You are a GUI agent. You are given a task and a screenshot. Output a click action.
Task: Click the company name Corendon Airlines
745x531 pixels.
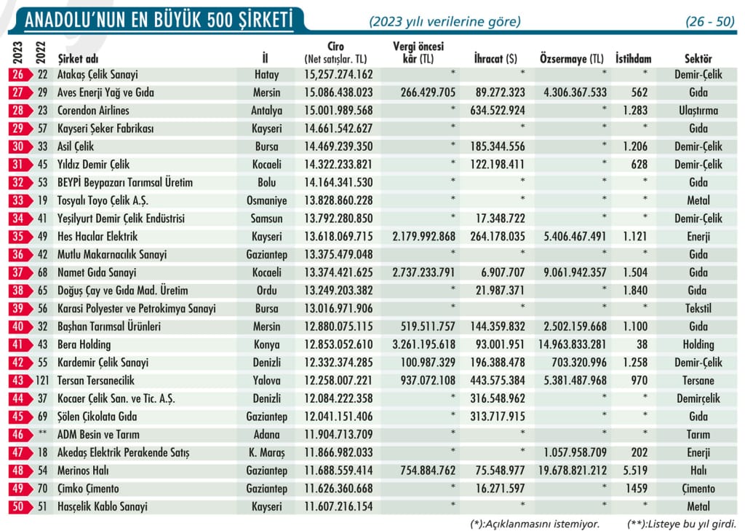coord(93,111)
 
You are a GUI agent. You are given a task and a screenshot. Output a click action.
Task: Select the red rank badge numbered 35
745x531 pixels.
coord(20,237)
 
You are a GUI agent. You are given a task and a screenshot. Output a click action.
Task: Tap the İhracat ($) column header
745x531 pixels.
coord(495,59)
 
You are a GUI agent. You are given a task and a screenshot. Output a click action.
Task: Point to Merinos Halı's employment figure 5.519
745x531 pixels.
coord(635,471)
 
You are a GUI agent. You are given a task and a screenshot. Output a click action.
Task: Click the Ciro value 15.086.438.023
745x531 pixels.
coord(338,93)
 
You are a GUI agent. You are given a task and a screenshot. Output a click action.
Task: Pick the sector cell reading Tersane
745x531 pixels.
coord(698,381)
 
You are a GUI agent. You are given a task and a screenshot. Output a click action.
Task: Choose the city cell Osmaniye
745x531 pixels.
coord(266,200)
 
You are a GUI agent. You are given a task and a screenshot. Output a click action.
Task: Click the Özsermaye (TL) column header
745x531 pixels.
coord(572,59)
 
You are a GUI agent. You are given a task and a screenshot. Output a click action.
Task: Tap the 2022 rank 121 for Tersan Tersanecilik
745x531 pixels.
coord(42,381)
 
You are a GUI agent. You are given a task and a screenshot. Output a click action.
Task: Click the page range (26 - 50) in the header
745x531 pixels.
coord(710,21)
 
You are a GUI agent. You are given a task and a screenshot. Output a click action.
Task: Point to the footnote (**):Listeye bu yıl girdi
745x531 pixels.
coord(681,524)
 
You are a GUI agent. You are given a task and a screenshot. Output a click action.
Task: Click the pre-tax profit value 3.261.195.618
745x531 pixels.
coord(424,345)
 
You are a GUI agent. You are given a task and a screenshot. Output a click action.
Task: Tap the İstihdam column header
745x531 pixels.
coord(634,59)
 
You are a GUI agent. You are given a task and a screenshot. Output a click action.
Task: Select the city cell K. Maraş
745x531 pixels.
coord(266,452)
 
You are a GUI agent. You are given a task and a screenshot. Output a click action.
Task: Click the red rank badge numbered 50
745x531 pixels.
coord(20,507)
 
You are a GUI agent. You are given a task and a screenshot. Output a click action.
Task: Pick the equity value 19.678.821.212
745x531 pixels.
coord(573,471)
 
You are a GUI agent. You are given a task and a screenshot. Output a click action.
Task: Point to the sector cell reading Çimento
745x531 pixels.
coord(698,489)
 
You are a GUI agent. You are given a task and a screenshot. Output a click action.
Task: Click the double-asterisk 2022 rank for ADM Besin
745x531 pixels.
coord(42,433)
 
